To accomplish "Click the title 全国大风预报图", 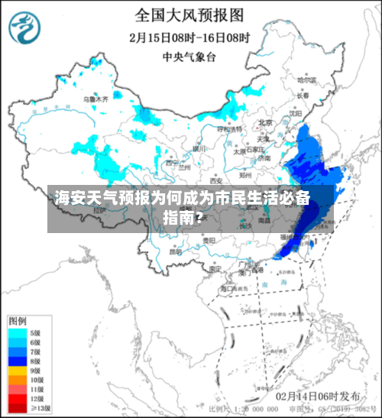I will pyautogui.click(x=190, y=15).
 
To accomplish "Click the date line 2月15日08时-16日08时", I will pyautogui.click(x=190, y=37).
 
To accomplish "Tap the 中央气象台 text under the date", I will pyautogui.click(x=190, y=56).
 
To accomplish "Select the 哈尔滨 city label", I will pyautogui.click(x=306, y=79).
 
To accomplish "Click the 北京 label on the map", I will pyautogui.click(x=265, y=122).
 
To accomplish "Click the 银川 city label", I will pyautogui.click(x=199, y=148).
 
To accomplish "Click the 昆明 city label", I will pyautogui.click(x=175, y=251).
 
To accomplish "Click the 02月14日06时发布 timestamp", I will pyautogui.click(x=319, y=397).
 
